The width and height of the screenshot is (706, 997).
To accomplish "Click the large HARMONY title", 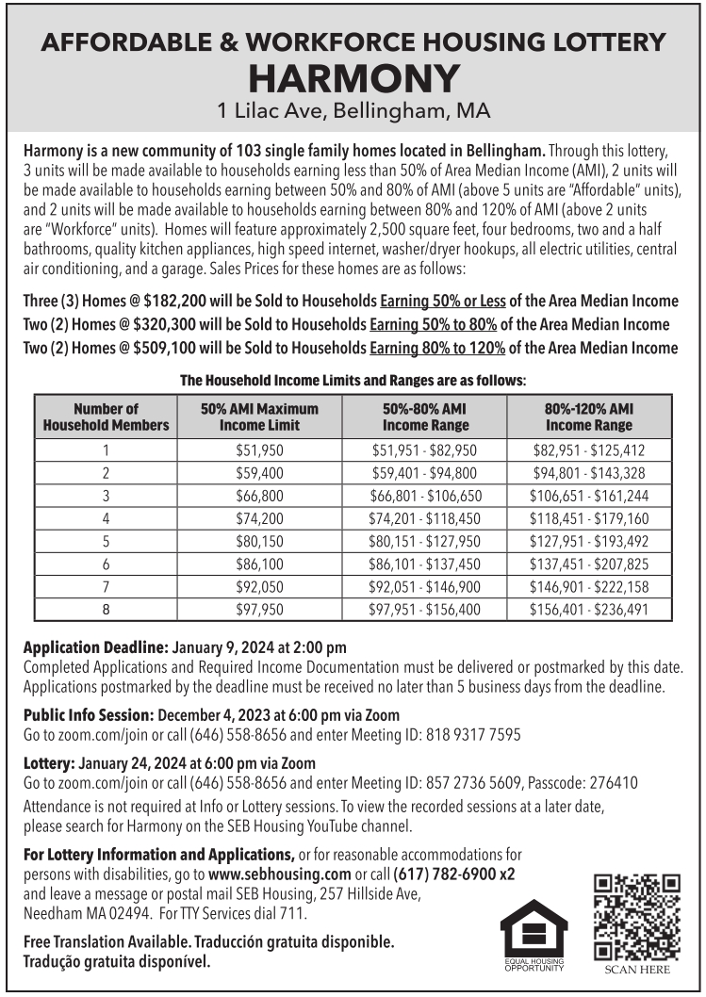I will (353, 78).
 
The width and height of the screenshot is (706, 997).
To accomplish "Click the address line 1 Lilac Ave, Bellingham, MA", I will (353, 111).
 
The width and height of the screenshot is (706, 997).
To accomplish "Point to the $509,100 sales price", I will (169, 347).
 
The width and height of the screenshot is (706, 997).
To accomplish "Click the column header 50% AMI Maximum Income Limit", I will (259, 417).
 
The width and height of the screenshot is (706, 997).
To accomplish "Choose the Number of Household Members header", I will (106, 417).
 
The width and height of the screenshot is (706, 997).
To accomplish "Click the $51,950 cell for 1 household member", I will (259, 450).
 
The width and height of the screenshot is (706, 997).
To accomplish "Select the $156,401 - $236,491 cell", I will (589, 609).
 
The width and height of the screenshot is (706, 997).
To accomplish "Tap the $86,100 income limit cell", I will (259, 564).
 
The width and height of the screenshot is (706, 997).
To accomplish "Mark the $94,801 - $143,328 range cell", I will (589, 473).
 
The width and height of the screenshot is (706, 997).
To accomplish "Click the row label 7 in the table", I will (106, 586).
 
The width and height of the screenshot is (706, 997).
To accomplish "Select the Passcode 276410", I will (613, 783).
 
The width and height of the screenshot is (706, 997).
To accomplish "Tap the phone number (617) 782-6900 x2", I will (453, 874).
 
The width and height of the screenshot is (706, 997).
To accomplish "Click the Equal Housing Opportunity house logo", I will (534, 931).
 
